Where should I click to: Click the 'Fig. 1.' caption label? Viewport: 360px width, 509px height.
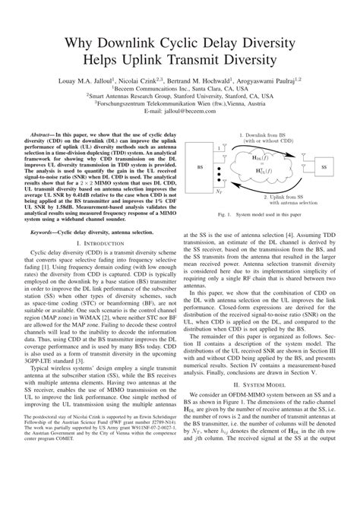tap(224, 216)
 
